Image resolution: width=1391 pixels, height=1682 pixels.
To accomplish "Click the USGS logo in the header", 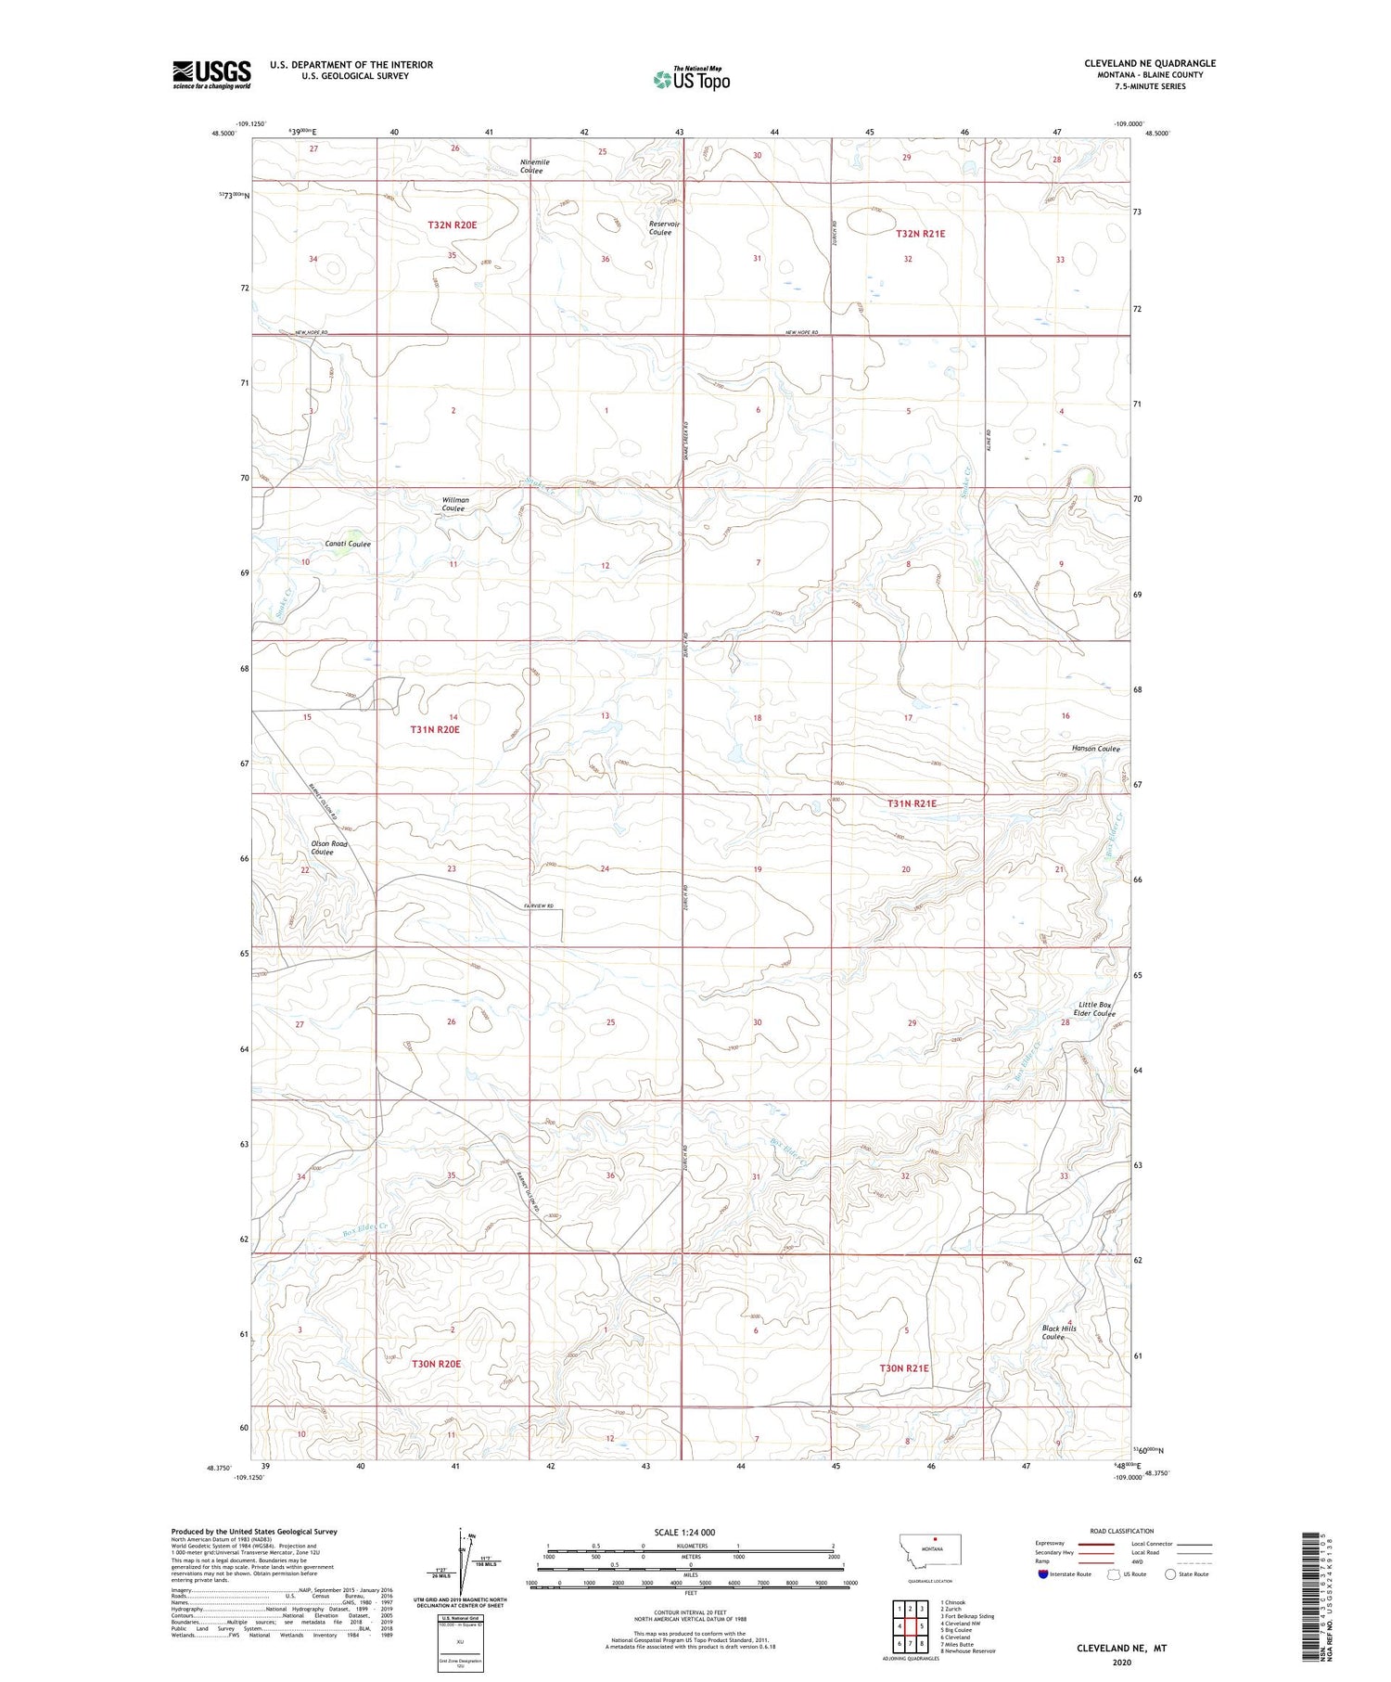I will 211,74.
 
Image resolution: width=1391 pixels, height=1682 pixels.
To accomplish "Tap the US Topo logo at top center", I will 692,79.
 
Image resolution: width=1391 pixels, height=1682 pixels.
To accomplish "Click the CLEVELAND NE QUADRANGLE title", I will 1149,63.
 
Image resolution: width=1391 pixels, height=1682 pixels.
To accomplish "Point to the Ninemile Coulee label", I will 534,166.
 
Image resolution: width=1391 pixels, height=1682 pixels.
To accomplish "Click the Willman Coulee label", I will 454,504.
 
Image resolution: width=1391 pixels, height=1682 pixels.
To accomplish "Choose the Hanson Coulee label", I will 1095,748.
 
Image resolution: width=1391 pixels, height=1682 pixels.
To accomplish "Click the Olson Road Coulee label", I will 328,847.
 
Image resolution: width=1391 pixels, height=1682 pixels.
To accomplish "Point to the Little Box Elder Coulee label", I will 1093,1009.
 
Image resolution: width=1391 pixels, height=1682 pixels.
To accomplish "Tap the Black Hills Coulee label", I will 1058,1332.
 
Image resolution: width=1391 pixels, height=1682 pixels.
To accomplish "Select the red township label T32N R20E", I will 453,225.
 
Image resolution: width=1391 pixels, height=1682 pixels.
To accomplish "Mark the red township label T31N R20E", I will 435,729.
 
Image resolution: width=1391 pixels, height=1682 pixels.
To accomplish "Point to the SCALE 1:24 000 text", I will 684,1532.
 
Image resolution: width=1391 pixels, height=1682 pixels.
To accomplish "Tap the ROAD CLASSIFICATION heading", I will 1122,1531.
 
